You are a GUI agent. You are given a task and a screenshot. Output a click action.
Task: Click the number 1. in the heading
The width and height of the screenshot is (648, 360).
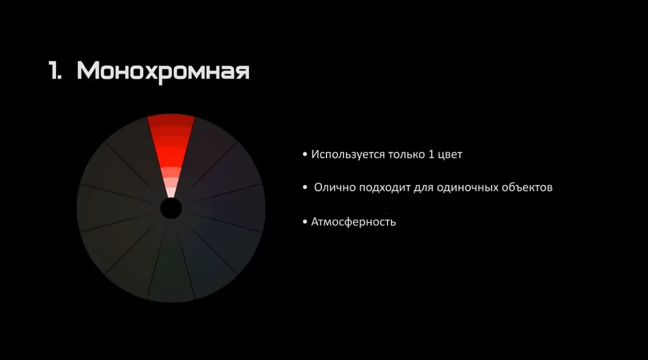click(x=55, y=70)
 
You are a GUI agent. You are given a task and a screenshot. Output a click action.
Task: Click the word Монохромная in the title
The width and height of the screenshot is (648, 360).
click(x=163, y=72)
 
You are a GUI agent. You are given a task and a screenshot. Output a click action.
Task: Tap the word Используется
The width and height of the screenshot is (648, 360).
click(x=348, y=155)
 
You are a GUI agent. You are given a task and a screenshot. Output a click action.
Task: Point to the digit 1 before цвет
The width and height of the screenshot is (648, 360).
click(x=431, y=154)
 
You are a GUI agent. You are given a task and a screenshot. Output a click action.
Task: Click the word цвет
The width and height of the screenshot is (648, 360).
click(x=450, y=155)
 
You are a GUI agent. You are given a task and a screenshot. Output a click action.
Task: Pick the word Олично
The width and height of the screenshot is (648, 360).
click(x=335, y=187)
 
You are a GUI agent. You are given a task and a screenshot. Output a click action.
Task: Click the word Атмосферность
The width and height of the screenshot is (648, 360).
click(x=353, y=222)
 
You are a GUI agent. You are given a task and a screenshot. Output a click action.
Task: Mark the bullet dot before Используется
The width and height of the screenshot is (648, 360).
click(x=305, y=155)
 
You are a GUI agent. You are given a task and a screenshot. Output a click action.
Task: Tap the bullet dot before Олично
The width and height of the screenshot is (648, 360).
click(x=305, y=188)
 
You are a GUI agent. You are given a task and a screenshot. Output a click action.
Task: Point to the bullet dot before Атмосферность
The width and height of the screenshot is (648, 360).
click(x=305, y=222)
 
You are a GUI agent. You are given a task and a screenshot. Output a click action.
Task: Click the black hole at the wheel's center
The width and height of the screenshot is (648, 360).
click(x=171, y=209)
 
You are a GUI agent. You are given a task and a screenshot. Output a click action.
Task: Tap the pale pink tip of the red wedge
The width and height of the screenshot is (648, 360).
click(x=171, y=192)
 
